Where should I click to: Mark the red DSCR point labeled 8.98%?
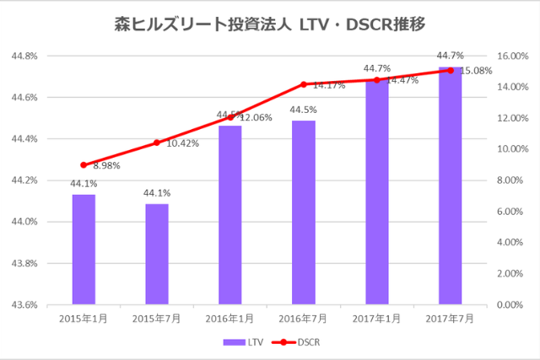[84, 165]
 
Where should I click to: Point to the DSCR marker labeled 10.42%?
[157, 142]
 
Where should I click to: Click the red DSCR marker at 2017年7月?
[451, 70]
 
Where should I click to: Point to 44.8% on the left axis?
[25, 56]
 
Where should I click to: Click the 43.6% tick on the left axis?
[25, 304]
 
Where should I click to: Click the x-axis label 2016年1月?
[230, 319]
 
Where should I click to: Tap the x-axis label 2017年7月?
[451, 319]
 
